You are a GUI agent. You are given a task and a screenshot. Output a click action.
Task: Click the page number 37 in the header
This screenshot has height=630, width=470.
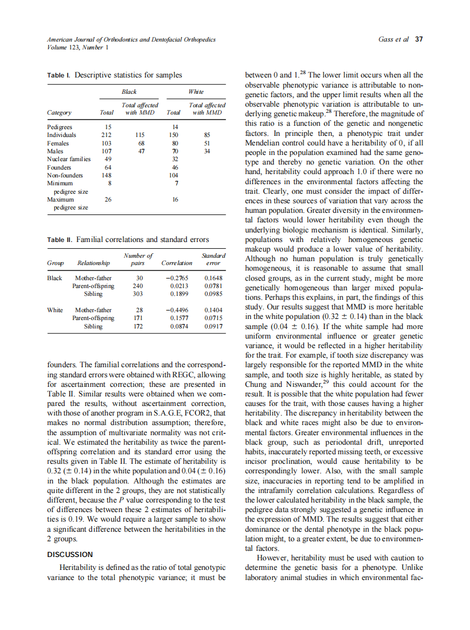click(x=418, y=39)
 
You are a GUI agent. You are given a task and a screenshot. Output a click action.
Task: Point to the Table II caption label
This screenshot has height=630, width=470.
click(x=60, y=240)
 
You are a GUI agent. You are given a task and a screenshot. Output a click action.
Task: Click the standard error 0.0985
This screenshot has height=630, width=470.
click(x=214, y=294)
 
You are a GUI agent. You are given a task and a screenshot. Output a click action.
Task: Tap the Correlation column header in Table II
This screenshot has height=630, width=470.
click(x=176, y=263)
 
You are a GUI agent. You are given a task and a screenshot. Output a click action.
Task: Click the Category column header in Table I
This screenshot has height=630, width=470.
click(x=59, y=112)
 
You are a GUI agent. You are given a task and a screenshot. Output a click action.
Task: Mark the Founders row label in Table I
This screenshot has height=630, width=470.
click(x=59, y=167)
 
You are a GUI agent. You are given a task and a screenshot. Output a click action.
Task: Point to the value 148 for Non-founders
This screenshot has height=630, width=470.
click(x=106, y=175)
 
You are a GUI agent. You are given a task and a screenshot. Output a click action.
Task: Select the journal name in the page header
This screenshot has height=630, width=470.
click(x=131, y=39)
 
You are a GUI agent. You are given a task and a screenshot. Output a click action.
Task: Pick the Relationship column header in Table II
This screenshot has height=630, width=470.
click(x=93, y=263)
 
